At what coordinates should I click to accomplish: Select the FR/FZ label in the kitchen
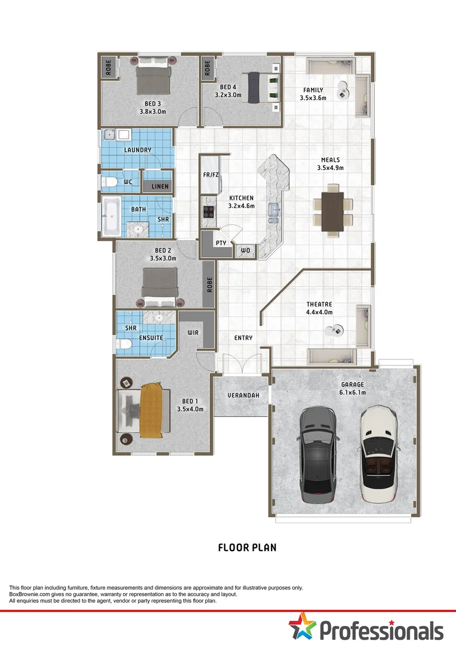tap(210, 174)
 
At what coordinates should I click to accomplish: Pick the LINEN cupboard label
tap(160, 187)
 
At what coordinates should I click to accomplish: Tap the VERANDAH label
tap(243, 395)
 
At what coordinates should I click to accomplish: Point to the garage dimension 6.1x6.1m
tap(353, 392)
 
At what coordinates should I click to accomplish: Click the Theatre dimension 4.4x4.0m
tap(319, 312)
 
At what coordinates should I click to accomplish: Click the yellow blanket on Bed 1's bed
tap(151, 410)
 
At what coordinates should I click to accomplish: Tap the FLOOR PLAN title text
tap(247, 547)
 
